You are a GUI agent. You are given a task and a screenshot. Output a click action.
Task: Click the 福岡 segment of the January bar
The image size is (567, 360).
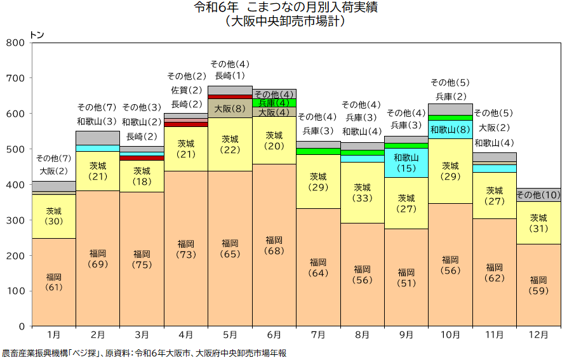pos(54,283)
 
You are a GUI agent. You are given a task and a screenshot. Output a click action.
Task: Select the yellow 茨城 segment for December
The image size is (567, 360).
pos(538,223)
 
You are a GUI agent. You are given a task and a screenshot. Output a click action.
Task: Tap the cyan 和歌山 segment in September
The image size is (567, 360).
pos(406,163)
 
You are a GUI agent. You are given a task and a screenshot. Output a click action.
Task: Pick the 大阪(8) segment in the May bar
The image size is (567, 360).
pos(230,109)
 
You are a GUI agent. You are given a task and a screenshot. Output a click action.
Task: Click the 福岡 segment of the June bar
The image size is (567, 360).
pos(274,245)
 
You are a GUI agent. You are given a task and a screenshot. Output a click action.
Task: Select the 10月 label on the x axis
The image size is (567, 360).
pos(450,334)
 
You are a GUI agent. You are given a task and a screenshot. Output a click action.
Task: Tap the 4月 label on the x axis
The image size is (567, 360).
pos(186,334)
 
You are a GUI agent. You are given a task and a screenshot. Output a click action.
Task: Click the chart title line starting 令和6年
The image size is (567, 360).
pos(284,8)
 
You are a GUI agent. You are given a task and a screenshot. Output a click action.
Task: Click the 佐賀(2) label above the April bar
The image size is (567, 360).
pos(186,90)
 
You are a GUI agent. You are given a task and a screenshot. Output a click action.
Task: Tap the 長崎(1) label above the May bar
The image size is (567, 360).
pos(230,76)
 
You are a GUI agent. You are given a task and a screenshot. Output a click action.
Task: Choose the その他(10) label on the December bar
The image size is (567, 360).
pos(538,194)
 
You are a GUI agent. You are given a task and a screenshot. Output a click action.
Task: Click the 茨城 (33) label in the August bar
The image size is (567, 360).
pos(363,192)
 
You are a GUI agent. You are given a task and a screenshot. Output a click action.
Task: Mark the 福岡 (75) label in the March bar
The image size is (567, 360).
pos(142,260)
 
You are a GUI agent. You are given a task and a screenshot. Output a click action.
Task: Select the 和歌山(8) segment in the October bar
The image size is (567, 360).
pos(450,130)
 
